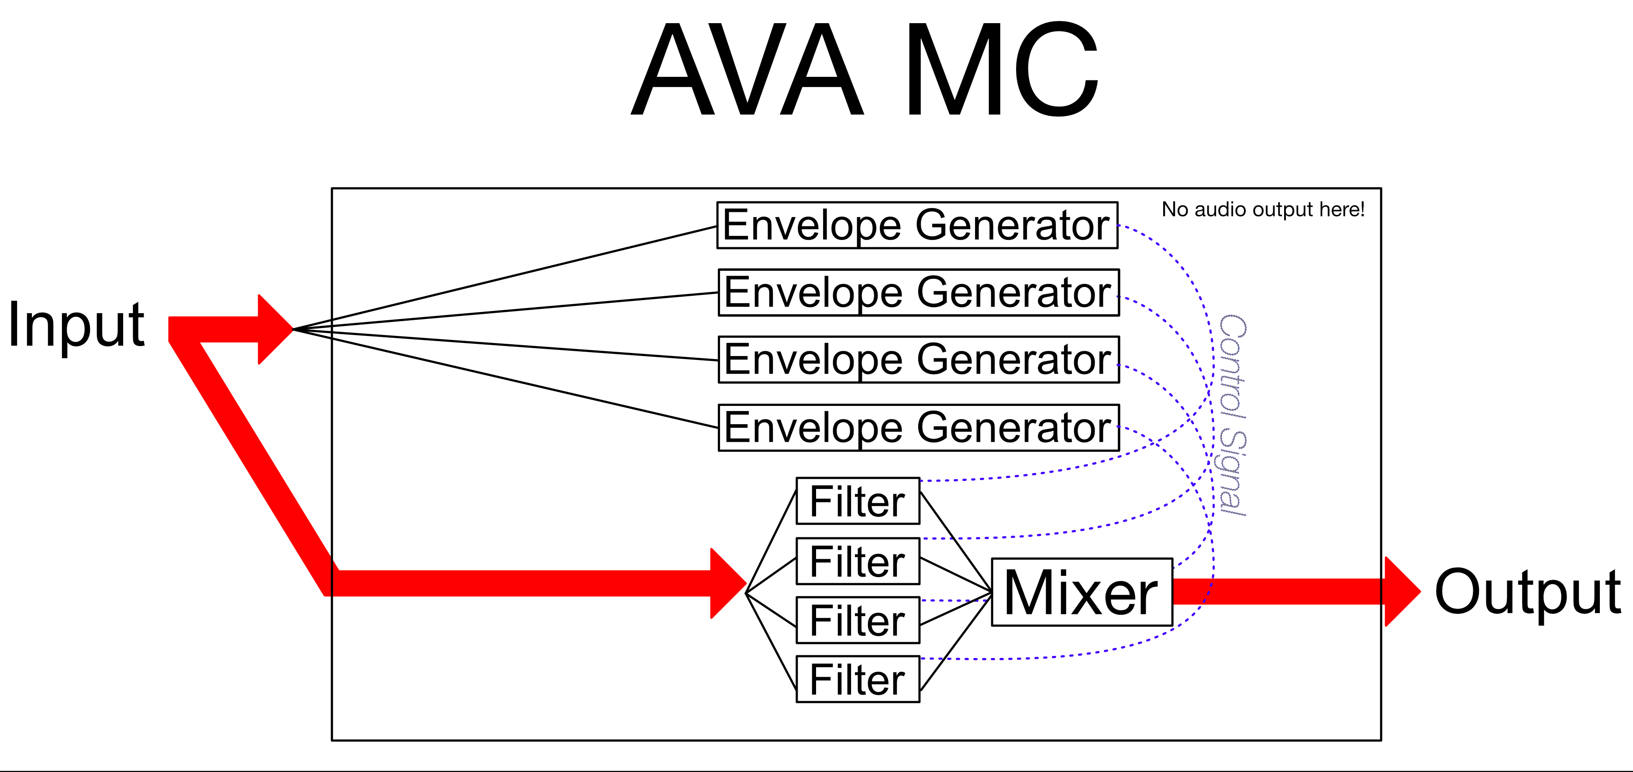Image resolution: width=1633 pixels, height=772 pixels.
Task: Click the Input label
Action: (76, 324)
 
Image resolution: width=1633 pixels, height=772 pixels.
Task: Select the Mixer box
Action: (1082, 592)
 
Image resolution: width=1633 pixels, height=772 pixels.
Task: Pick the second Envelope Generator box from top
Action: (919, 292)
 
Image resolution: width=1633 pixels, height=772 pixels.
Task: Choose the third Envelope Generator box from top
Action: (919, 360)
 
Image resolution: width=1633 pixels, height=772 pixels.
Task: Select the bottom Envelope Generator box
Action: (919, 428)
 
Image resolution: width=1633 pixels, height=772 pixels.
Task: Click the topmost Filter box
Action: (858, 501)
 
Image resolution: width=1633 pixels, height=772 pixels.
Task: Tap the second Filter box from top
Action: (858, 561)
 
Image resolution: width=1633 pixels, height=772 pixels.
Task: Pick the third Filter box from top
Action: (858, 620)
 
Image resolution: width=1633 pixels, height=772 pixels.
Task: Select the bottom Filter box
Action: (858, 679)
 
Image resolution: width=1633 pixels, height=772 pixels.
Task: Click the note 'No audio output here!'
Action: (1263, 209)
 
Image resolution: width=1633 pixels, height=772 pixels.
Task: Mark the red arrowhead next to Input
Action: (275, 329)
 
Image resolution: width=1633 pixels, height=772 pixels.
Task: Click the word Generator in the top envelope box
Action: (1013, 225)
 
